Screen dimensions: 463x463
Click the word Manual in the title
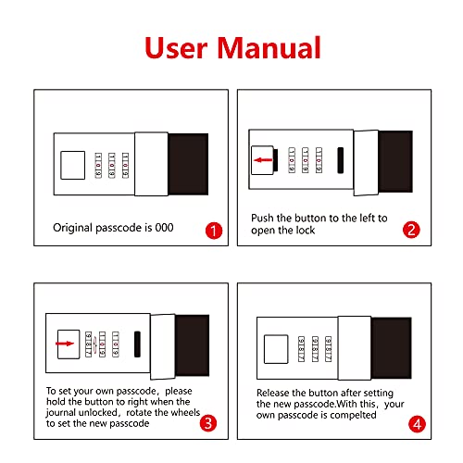pyautogui.click(x=269, y=47)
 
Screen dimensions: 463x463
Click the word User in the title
pyautogui.click(x=176, y=48)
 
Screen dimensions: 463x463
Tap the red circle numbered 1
pyautogui.click(x=214, y=231)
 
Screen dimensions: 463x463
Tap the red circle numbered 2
pyautogui.click(x=411, y=230)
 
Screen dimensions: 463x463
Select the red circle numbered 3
pyautogui.click(x=208, y=423)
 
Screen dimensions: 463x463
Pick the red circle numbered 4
pyautogui.click(x=417, y=424)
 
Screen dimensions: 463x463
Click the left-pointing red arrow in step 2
pyautogui.click(x=263, y=160)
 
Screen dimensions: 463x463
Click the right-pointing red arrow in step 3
pyautogui.click(x=65, y=344)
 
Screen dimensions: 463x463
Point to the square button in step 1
pyautogui.click(x=73, y=165)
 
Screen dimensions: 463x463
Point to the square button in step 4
pyautogui.click(x=276, y=349)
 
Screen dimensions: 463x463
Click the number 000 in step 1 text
pyautogui.click(x=164, y=228)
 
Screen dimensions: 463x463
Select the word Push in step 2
pyautogui.click(x=262, y=218)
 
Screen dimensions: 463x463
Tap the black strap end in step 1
pyautogui.click(x=188, y=164)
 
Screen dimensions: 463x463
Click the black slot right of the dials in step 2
pyautogui.click(x=341, y=160)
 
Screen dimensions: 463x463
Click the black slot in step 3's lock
pyautogui.click(x=137, y=344)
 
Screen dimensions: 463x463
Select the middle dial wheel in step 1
pyautogui.click(x=112, y=165)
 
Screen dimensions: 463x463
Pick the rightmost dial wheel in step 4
pyautogui.click(x=329, y=349)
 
